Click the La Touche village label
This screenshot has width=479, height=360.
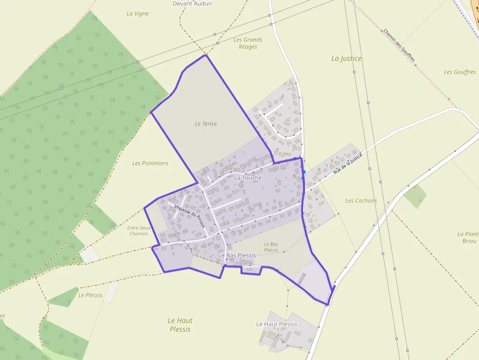[x=248, y=178]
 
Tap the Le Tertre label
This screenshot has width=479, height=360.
[x=206, y=124]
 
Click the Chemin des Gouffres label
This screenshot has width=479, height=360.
[x=399, y=45]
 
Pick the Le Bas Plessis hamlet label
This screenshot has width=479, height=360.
[x=237, y=255]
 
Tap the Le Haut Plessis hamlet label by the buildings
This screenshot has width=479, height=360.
[x=277, y=324]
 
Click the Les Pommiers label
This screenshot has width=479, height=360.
[x=150, y=163]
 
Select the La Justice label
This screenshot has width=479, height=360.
[x=347, y=59]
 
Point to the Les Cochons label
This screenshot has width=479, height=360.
[x=361, y=201]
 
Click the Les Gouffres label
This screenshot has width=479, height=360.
[x=459, y=72]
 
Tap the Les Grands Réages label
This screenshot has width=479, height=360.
[x=248, y=43]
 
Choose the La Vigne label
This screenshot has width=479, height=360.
[x=137, y=14]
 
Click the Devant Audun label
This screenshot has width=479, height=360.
[x=192, y=4]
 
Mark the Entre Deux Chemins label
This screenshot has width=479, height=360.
[x=139, y=231]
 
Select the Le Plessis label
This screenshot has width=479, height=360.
[x=90, y=295]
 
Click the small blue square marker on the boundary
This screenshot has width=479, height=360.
[x=304, y=172]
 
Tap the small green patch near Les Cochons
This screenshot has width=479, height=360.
[x=415, y=195]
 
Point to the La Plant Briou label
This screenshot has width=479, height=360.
[x=468, y=237]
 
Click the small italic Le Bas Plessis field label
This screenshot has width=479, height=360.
[x=271, y=247]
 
